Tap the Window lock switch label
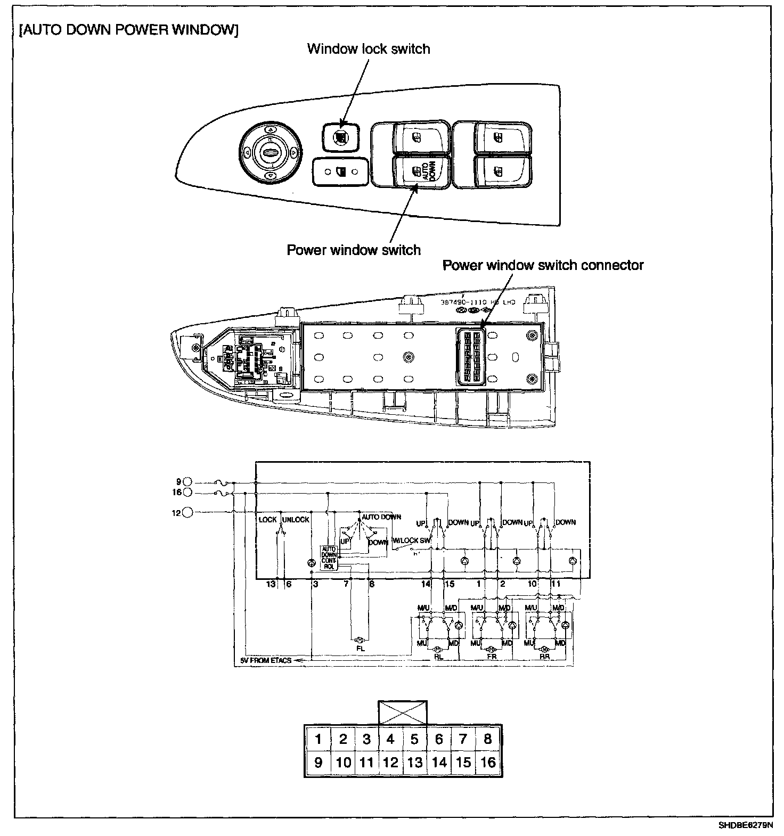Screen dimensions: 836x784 click(x=369, y=49)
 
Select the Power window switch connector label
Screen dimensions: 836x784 click(x=543, y=265)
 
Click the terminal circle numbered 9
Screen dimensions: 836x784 click(x=187, y=483)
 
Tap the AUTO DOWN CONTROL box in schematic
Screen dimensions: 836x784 click(x=328, y=558)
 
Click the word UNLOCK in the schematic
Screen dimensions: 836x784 click(x=296, y=520)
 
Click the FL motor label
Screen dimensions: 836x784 click(x=360, y=649)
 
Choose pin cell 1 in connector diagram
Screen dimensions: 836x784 click(x=318, y=739)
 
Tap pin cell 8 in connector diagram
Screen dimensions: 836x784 click(x=487, y=739)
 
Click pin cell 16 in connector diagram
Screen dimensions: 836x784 click(x=487, y=763)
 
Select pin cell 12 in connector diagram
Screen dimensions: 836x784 click(x=390, y=763)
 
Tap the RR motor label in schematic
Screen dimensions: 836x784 click(x=544, y=657)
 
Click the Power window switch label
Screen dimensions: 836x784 click(x=354, y=250)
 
